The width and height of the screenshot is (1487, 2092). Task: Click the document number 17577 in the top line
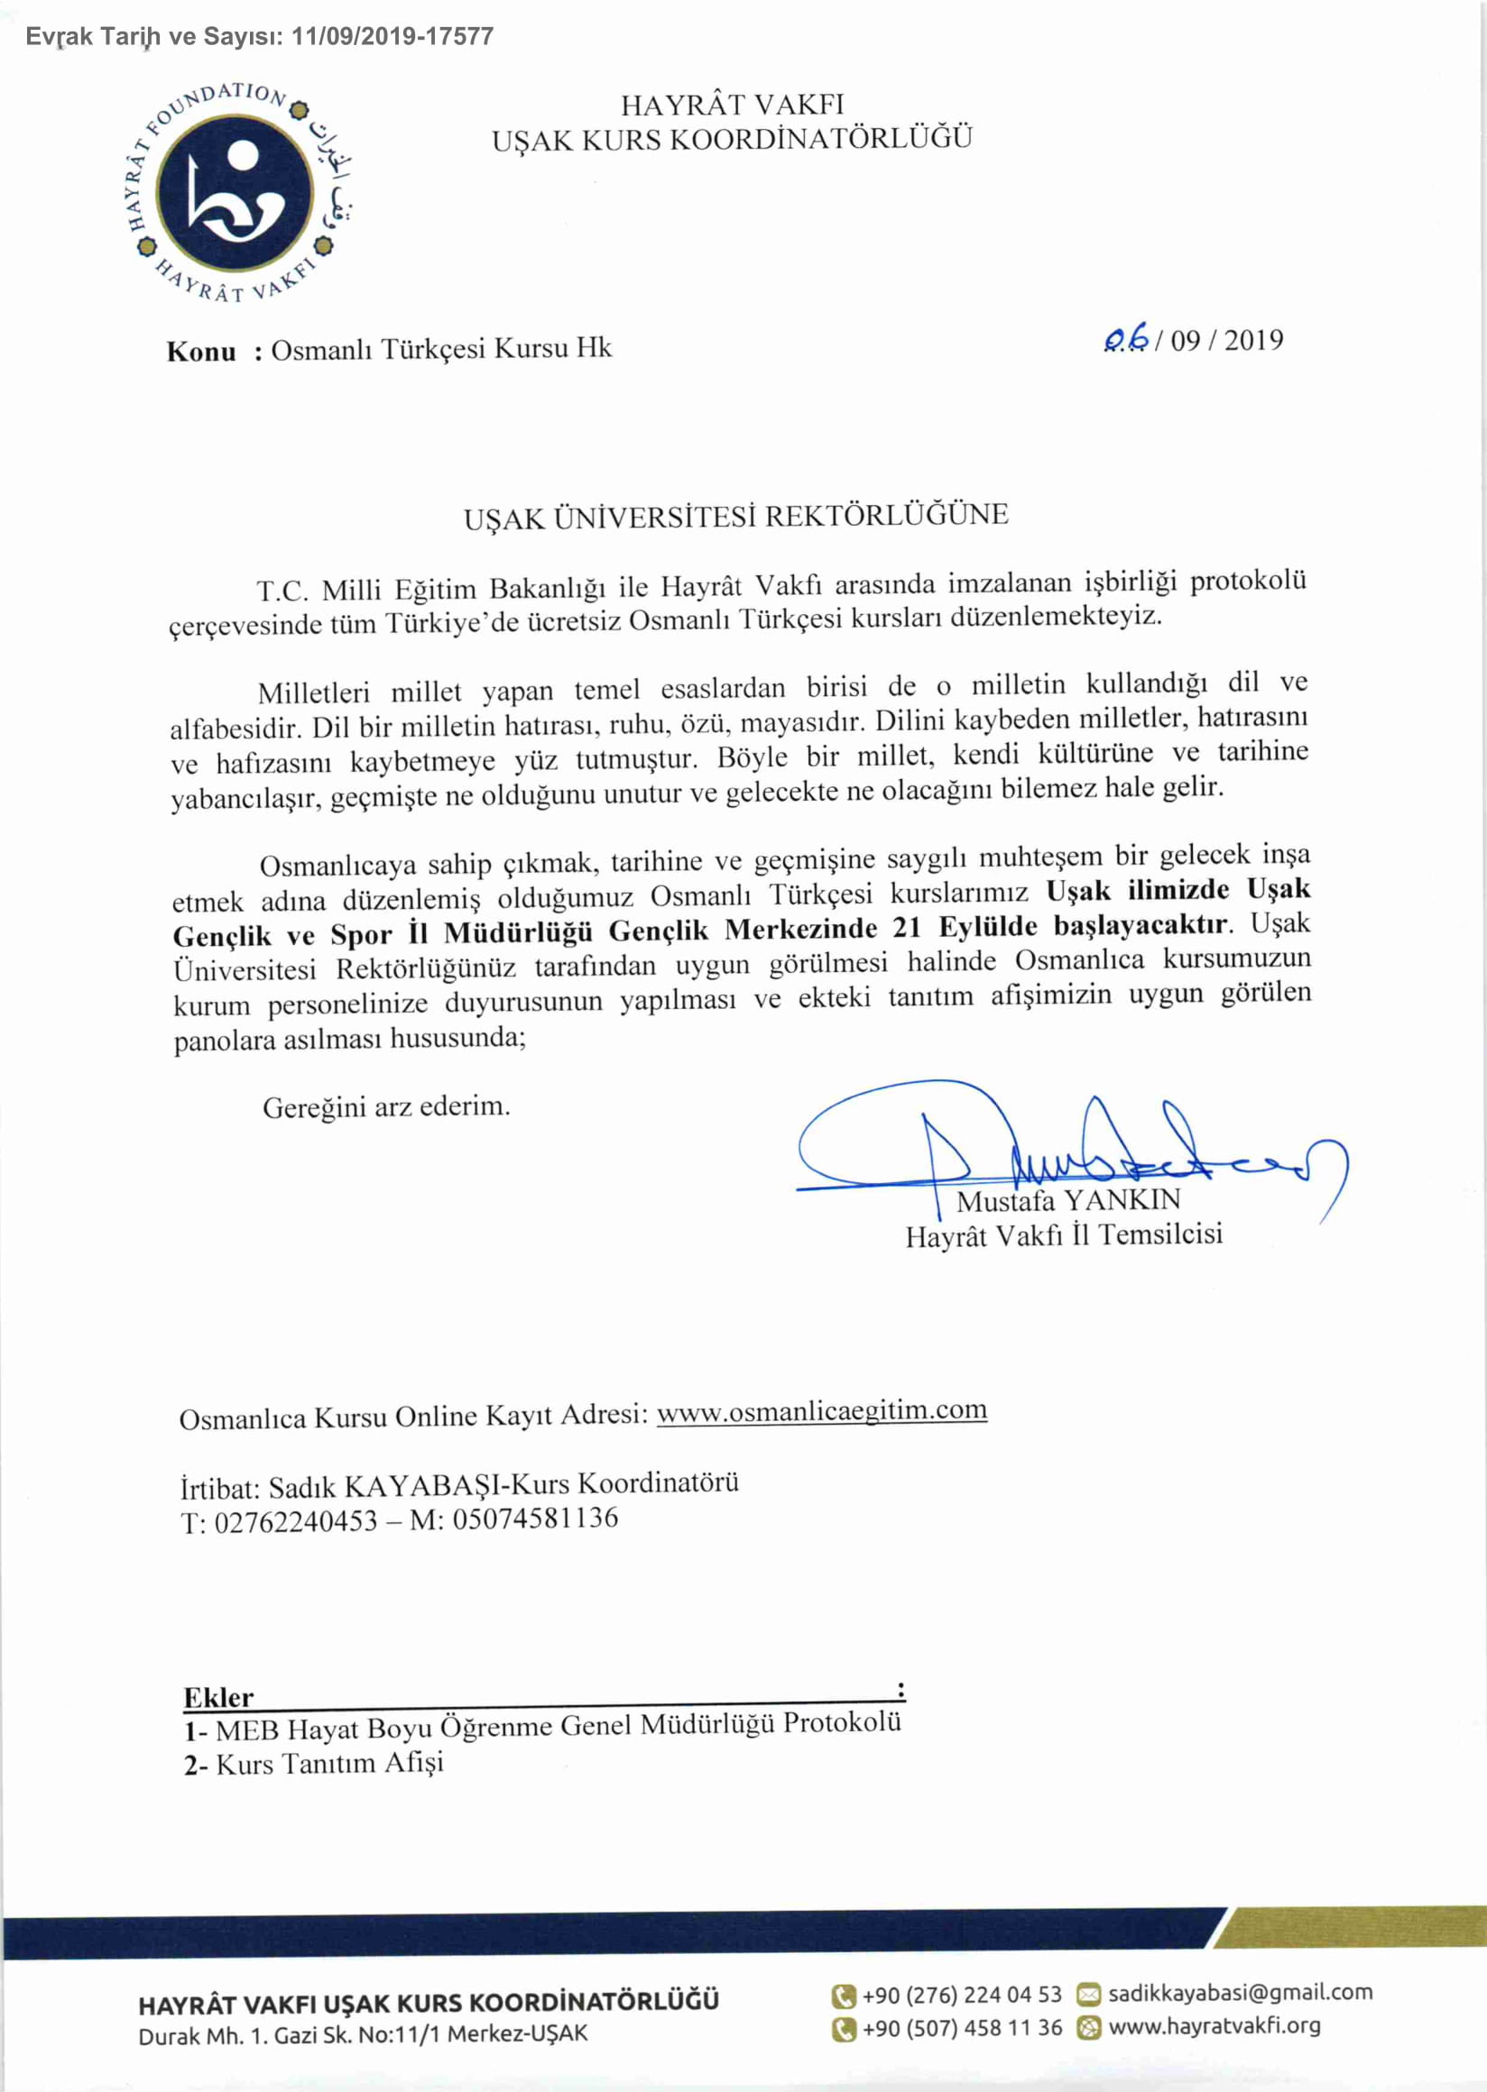pos(458,37)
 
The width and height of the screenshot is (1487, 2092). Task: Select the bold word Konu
pos(201,353)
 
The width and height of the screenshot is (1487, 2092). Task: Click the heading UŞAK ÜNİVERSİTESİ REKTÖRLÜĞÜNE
pos(735,516)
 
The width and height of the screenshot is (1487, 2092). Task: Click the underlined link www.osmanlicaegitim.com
pos(821,1410)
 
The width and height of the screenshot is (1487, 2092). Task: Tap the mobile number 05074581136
pos(536,1519)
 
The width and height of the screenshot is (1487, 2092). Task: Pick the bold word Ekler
pos(219,1698)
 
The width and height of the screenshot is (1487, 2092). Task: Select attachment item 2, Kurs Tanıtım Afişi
pos(315,1764)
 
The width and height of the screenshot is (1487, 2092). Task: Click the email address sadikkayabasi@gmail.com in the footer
pos(1240,1992)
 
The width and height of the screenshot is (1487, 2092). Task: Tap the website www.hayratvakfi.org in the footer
pos(1215,2026)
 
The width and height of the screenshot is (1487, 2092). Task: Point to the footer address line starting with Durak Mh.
pos(363,2034)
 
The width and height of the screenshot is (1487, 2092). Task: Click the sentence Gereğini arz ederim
pos(386,1108)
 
